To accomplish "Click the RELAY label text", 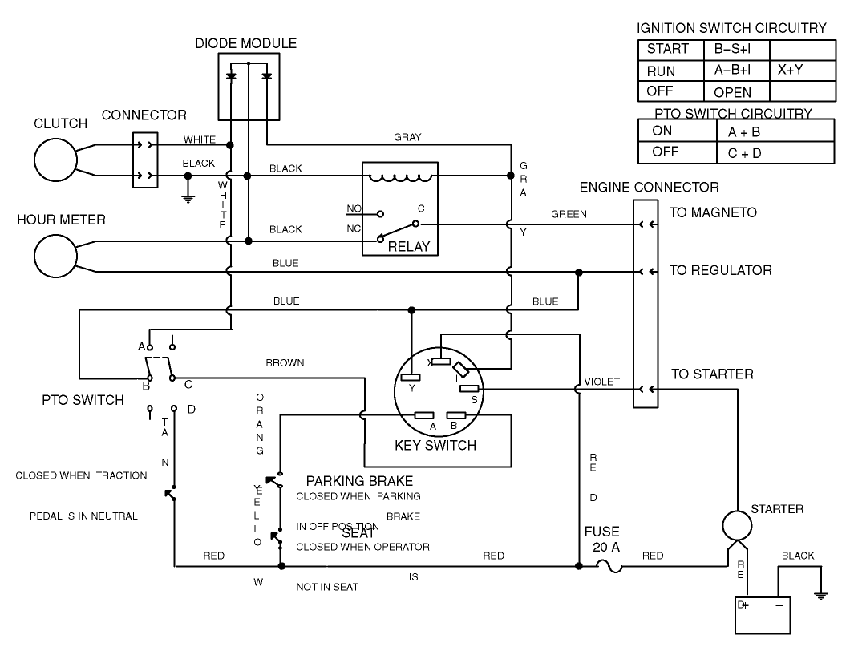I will pyautogui.click(x=408, y=246).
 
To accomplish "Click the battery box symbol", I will pyautogui.click(x=764, y=614).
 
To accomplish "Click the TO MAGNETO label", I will pyautogui.click(x=713, y=213).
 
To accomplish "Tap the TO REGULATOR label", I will pyautogui.click(x=720, y=271).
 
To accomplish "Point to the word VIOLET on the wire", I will pyautogui.click(x=601, y=382).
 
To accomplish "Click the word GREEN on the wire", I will pyautogui.click(x=569, y=214).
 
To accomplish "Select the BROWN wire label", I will pyautogui.click(x=285, y=363).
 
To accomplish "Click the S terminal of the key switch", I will pyautogui.click(x=469, y=389).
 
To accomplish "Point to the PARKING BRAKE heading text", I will pyautogui.click(x=359, y=481).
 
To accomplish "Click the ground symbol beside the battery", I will pyautogui.click(x=820, y=594).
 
